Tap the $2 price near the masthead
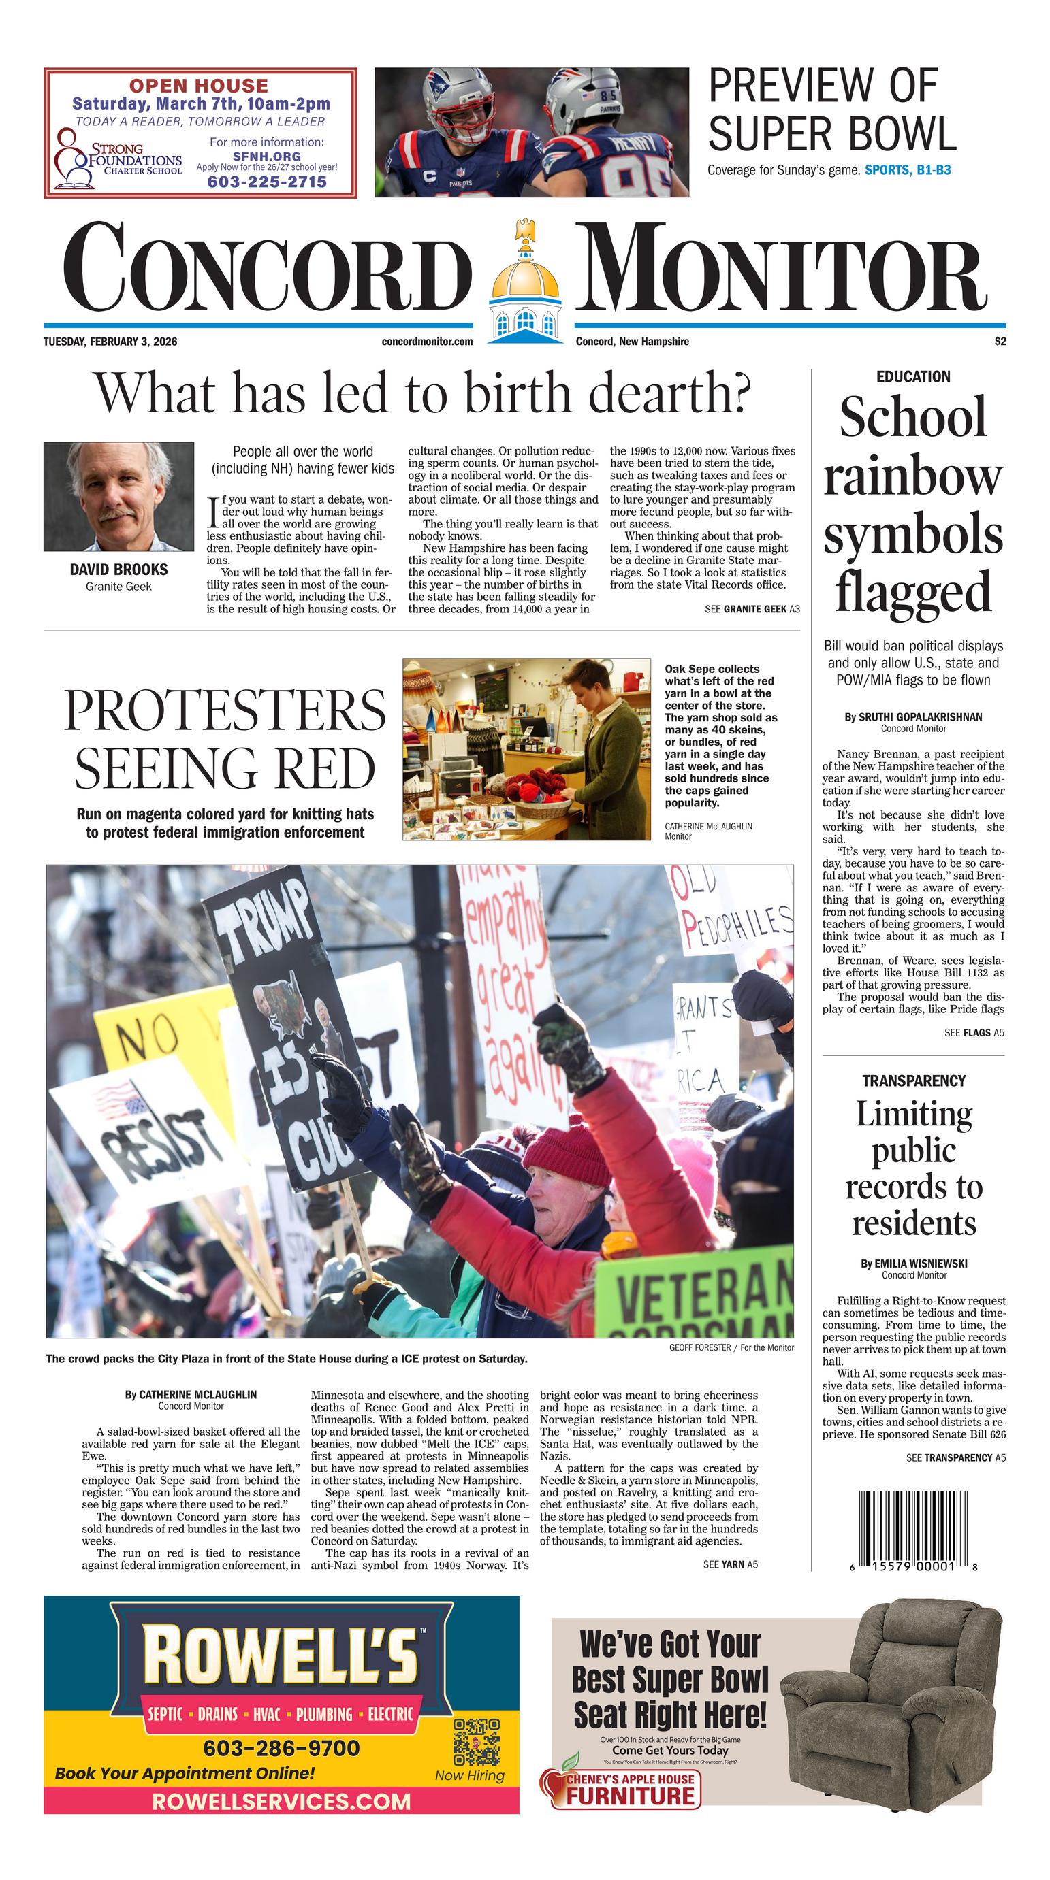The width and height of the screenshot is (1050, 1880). point(1000,342)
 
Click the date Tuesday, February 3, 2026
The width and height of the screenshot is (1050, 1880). point(110,342)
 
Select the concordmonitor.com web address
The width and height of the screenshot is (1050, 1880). point(426,342)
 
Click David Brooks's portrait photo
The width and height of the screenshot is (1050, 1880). point(119,496)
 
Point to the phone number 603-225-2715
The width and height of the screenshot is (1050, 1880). point(266,182)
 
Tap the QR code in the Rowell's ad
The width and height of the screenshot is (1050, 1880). point(476,1741)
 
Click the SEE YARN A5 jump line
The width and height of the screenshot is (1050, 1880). point(729,1564)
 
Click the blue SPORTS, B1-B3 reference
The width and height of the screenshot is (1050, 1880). point(907,171)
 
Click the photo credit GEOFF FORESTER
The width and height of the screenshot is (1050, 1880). point(699,1347)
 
